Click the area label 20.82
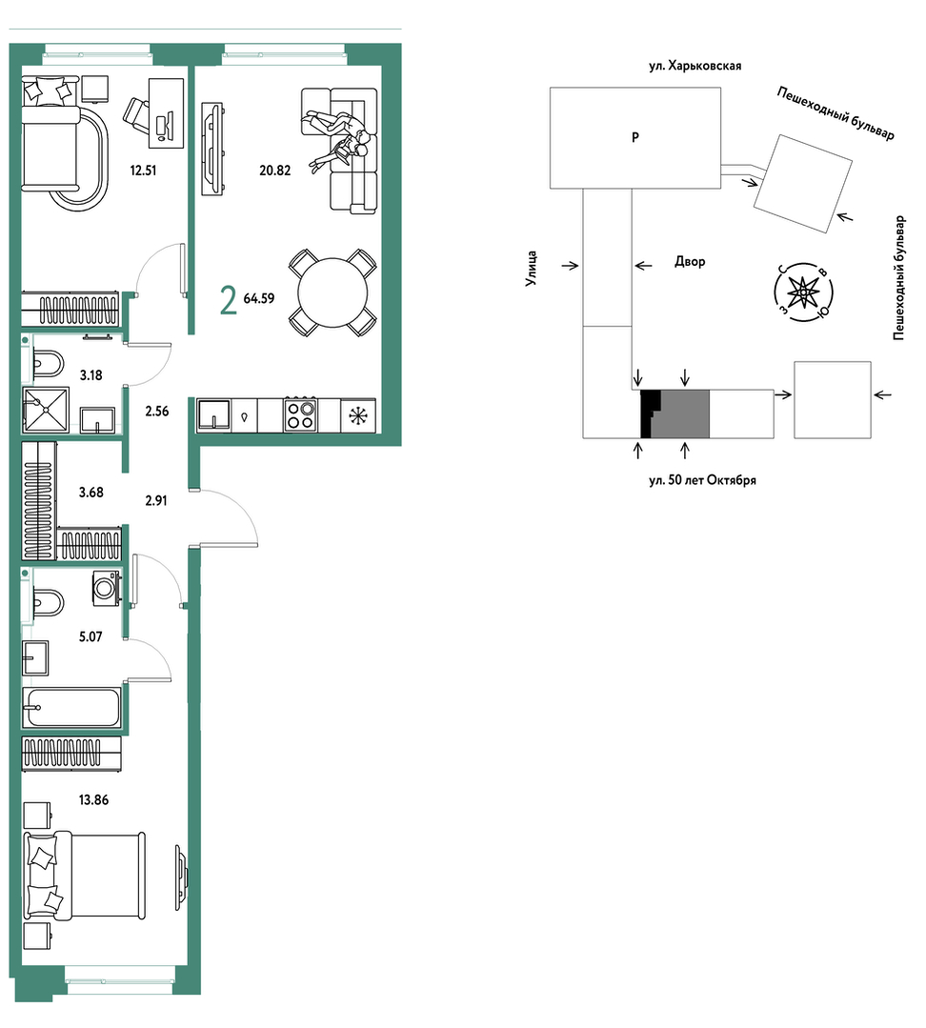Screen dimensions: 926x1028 274,171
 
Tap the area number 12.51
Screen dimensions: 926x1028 143,171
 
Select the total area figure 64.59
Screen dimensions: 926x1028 259,298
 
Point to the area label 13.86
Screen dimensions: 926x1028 93,800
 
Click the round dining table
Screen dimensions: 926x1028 332,292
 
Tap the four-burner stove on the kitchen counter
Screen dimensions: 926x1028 300,414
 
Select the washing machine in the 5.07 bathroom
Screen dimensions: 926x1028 106,588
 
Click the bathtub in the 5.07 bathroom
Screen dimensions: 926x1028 71,708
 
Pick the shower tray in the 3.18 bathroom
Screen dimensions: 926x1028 46,410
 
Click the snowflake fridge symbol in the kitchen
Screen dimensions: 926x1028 358,415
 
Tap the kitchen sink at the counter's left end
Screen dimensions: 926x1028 213,414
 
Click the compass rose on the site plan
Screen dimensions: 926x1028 803,292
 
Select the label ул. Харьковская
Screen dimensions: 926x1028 695,66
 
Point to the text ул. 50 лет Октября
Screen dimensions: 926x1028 702,480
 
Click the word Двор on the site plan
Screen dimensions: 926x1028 690,262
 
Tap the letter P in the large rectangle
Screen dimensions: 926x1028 635,138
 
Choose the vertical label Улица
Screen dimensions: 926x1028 532,268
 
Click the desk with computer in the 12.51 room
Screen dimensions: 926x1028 167,112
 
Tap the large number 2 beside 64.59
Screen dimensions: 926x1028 228,301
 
